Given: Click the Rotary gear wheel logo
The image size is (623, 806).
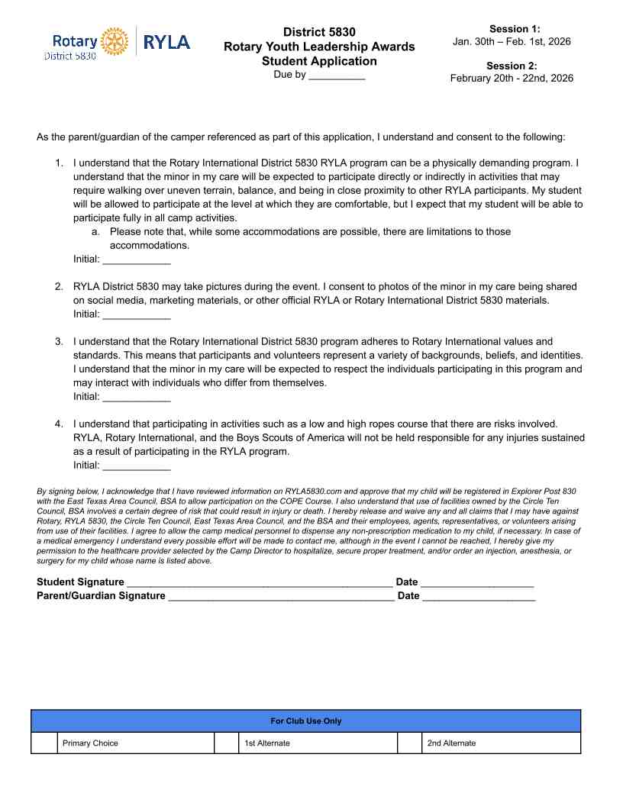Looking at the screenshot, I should click(115, 41).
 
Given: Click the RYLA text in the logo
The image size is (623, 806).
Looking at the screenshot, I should click(166, 42).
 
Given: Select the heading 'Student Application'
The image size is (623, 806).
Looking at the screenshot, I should click(319, 61).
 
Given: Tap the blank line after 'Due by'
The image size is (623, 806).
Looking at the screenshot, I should click(337, 76).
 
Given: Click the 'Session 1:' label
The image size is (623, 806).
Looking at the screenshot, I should click(515, 28).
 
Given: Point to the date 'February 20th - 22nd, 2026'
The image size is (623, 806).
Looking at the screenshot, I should click(512, 78).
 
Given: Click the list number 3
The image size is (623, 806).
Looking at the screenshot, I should click(59, 341).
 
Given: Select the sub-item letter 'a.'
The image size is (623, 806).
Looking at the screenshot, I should click(95, 231).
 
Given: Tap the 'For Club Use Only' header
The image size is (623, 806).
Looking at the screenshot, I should click(306, 721).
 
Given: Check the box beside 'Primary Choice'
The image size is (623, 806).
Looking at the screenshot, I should click(44, 743).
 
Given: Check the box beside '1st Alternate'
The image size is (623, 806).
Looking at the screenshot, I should click(226, 743).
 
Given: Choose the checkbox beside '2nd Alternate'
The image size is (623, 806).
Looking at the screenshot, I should click(410, 743).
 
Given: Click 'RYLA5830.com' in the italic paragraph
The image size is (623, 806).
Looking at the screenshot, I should click(311, 492).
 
